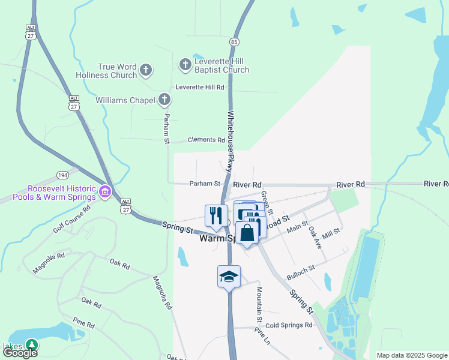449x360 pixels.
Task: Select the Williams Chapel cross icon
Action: click(165, 100)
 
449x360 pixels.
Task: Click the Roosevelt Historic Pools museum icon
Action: click(105, 192)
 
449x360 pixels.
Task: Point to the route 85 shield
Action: click(234, 41)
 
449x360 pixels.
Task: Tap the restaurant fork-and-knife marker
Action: click(216, 215)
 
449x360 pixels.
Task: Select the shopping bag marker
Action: click(247, 232)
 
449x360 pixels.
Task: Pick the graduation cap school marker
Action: click(229, 277)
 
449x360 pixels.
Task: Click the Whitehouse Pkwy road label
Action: click(230, 142)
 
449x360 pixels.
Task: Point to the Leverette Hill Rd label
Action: click(199, 87)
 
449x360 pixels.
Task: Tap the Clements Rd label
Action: click(206, 140)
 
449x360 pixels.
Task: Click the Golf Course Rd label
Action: click(71, 217)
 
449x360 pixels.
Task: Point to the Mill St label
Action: click(331, 231)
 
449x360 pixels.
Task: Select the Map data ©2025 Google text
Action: click(412, 355)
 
